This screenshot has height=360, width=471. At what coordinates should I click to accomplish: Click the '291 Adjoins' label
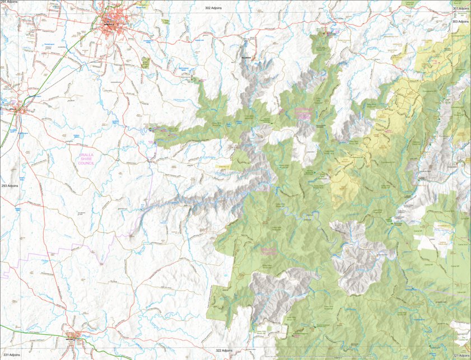(9, 3)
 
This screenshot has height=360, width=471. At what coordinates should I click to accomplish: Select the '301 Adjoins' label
(461, 8)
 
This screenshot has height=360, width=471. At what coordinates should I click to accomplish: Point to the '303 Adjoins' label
(461, 21)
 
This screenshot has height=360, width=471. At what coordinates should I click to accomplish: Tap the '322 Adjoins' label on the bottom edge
(223, 350)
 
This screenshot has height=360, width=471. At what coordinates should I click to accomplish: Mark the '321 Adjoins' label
(461, 356)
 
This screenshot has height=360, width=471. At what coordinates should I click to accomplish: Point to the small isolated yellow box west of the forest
(223, 166)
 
